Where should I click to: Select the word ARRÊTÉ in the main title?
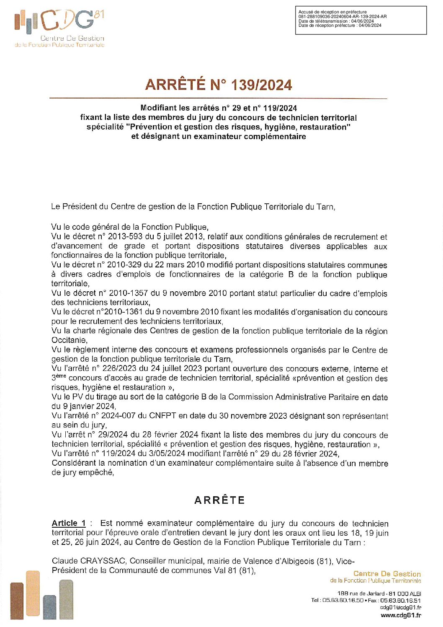coord(175,85)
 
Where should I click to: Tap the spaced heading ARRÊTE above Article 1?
coord(219,500)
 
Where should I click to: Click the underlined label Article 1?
coord(69,523)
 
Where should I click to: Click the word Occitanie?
coord(69,340)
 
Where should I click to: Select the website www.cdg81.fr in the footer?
coord(401,615)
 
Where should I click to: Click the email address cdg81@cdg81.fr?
coord(400,607)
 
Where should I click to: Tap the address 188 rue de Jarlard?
coord(361,593)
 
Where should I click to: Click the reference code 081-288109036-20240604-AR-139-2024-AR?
coord(343,17)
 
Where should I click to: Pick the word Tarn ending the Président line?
coord(325,207)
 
